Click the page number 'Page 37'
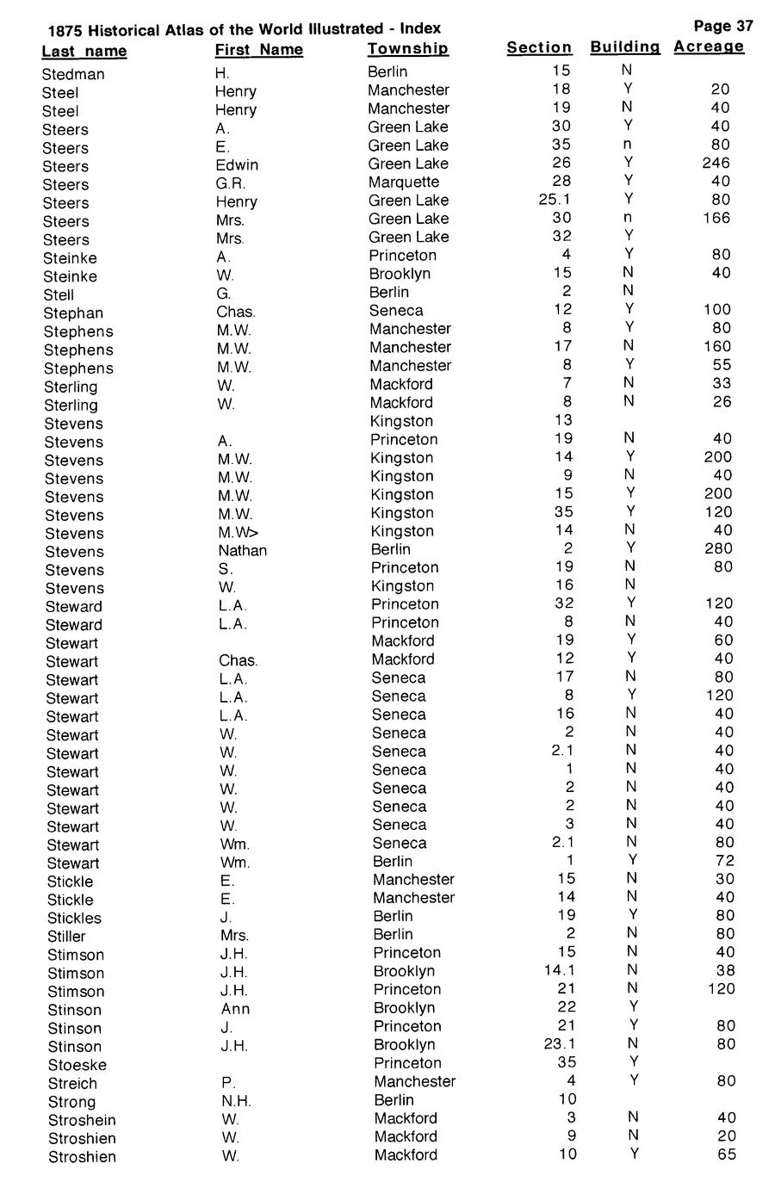tap(722, 26)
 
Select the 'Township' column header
tap(407, 49)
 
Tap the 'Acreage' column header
tap(708, 46)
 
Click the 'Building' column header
tap(625, 46)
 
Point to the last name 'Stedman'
tap(73, 74)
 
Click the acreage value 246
tap(716, 163)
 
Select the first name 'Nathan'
tap(242, 550)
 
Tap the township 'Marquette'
tap(403, 182)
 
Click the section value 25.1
tap(555, 200)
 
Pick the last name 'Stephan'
tap(73, 313)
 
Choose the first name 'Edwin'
tap(237, 164)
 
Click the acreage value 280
tap(718, 548)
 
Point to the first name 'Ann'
tap(235, 1008)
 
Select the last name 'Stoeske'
tap(77, 1065)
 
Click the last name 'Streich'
tap(72, 1084)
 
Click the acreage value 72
tap(725, 861)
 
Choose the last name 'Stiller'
tap(66, 937)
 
